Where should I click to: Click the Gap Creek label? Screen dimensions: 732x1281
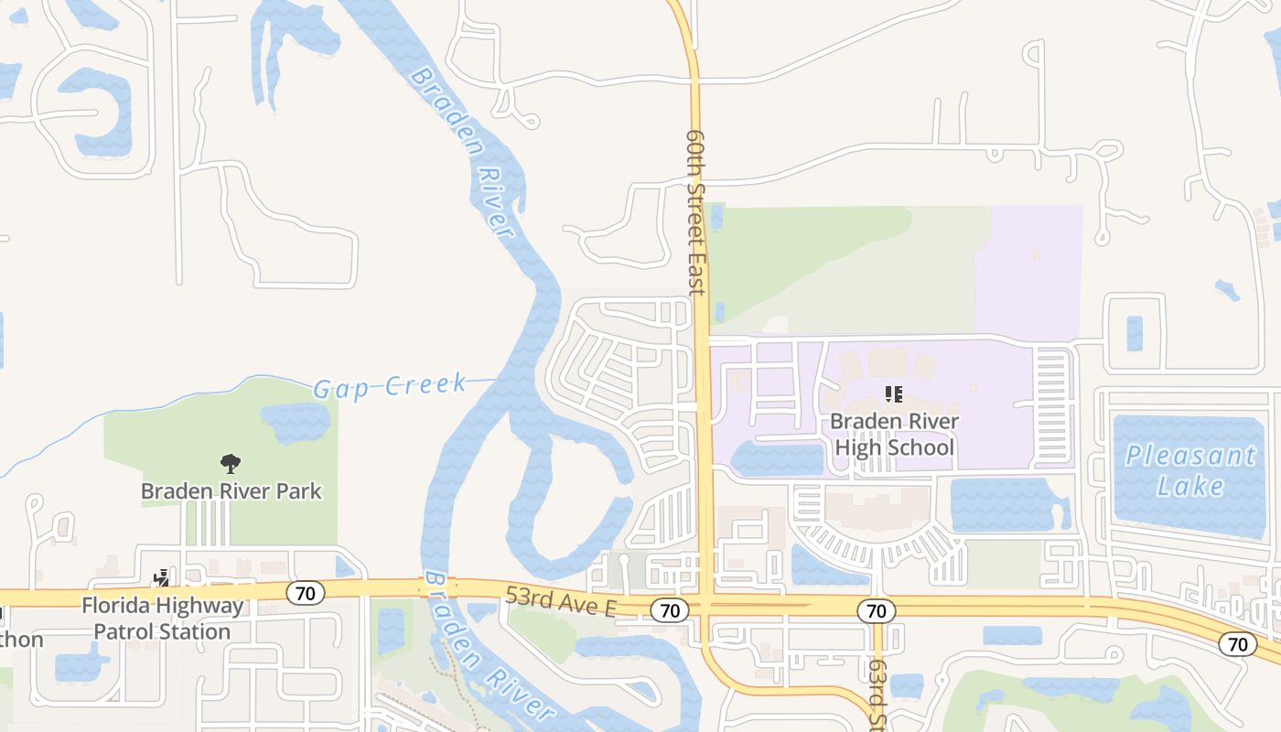pos(391,385)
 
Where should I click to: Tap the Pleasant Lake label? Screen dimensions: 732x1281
pos(1190,469)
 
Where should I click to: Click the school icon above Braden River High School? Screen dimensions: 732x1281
pos(894,394)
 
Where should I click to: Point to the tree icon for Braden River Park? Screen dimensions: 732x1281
pos(231,464)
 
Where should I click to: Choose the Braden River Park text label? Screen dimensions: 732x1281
pos(231,490)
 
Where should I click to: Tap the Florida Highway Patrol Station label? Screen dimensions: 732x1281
pos(163,618)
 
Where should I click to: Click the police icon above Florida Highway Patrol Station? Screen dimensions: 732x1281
pos(162,578)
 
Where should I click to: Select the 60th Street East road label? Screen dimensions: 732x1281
pos(695,212)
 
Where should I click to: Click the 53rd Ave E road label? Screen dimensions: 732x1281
pos(561,603)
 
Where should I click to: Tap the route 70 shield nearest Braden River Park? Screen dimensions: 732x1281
pos(306,593)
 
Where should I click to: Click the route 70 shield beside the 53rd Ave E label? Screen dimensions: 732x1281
pos(670,609)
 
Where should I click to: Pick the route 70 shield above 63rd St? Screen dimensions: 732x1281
pos(876,609)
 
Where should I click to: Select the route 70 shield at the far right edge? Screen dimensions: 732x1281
pos(1237,643)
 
